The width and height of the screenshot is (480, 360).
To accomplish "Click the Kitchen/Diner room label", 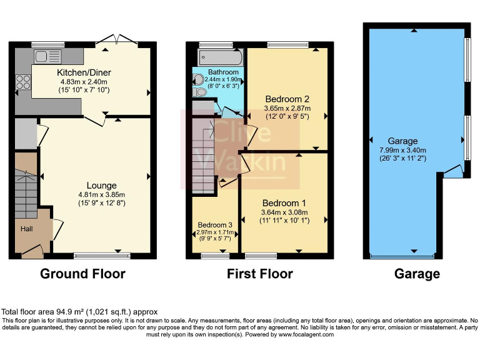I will coord(86,72).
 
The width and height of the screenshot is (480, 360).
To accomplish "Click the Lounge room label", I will coord(101,185).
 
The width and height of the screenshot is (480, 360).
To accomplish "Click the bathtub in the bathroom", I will coord(219,57).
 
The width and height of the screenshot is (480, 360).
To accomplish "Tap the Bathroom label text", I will coord(223,72).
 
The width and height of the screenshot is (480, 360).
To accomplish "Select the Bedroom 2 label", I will coord(287,99).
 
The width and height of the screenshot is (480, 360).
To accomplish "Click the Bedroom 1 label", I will coord(284,203).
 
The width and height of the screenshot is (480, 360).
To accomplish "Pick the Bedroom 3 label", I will coord(215,225).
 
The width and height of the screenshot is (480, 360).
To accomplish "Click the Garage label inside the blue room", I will coord(402,141).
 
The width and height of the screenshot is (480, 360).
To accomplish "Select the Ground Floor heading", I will coord(82,274).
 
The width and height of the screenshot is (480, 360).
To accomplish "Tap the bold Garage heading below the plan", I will coord(416,274).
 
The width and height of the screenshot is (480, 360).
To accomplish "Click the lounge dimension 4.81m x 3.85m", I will coord(101,194).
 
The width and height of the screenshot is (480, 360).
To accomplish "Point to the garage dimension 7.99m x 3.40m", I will coord(403,150).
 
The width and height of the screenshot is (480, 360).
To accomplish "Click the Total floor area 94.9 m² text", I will coord(79,311).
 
